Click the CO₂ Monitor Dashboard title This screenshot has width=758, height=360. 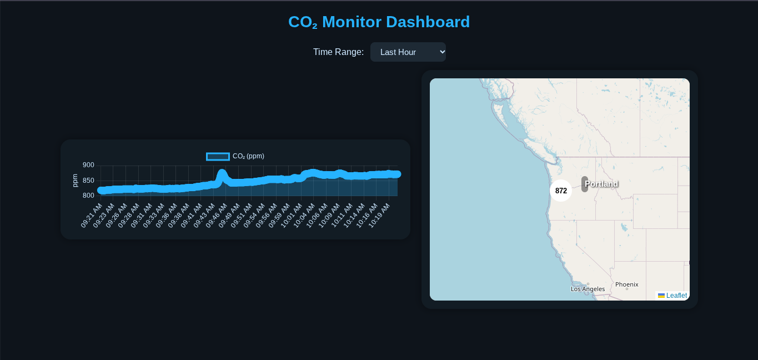[x=379, y=22]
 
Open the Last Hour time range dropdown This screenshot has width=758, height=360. [x=408, y=52]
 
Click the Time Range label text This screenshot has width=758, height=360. [x=338, y=52]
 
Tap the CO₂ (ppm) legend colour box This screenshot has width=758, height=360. [x=218, y=156]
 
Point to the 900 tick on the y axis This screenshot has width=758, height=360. [x=88, y=165]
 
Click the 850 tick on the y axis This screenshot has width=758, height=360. [x=88, y=181]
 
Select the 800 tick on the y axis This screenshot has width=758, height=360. [x=88, y=196]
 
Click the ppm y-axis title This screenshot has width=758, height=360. [x=75, y=181]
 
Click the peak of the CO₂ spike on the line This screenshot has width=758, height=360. [x=222, y=173]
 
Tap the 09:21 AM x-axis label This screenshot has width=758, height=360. [x=92, y=215]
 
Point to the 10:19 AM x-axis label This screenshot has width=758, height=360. [x=379, y=215]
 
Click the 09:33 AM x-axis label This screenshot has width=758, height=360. [x=154, y=215]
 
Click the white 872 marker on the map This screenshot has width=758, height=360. [x=561, y=191]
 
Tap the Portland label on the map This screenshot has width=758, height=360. [x=601, y=184]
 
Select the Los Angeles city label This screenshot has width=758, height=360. [x=588, y=289]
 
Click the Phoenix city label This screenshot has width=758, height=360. [x=627, y=284]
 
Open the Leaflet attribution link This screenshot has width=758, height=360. [x=676, y=296]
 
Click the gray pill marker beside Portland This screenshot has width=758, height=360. [x=585, y=184]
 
